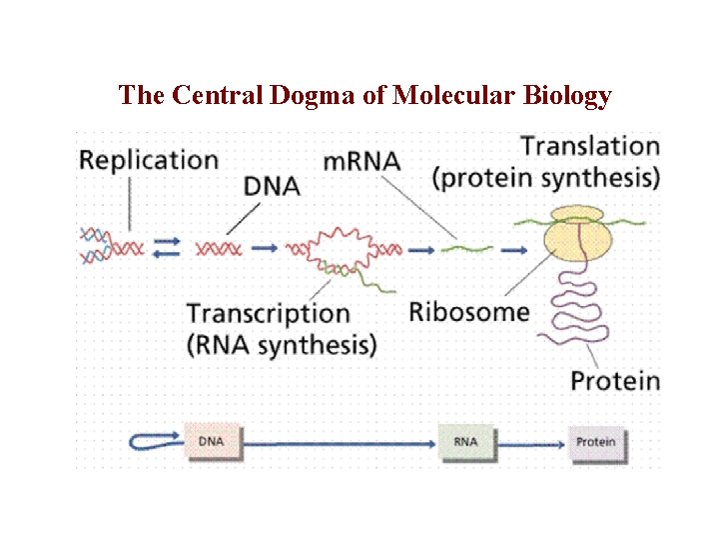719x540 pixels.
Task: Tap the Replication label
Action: click(x=149, y=160)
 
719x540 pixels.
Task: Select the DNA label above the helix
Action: click(x=272, y=186)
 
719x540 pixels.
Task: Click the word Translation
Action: click(x=590, y=146)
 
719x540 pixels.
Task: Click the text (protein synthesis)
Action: click(x=546, y=178)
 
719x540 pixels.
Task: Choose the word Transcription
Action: click(x=269, y=313)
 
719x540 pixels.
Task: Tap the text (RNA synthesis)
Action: click(x=282, y=345)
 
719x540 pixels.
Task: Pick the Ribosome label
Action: click(x=469, y=311)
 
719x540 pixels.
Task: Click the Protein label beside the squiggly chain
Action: click(x=615, y=381)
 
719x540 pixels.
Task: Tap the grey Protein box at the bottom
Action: click(x=596, y=442)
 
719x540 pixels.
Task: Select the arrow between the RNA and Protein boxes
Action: click(x=529, y=442)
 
